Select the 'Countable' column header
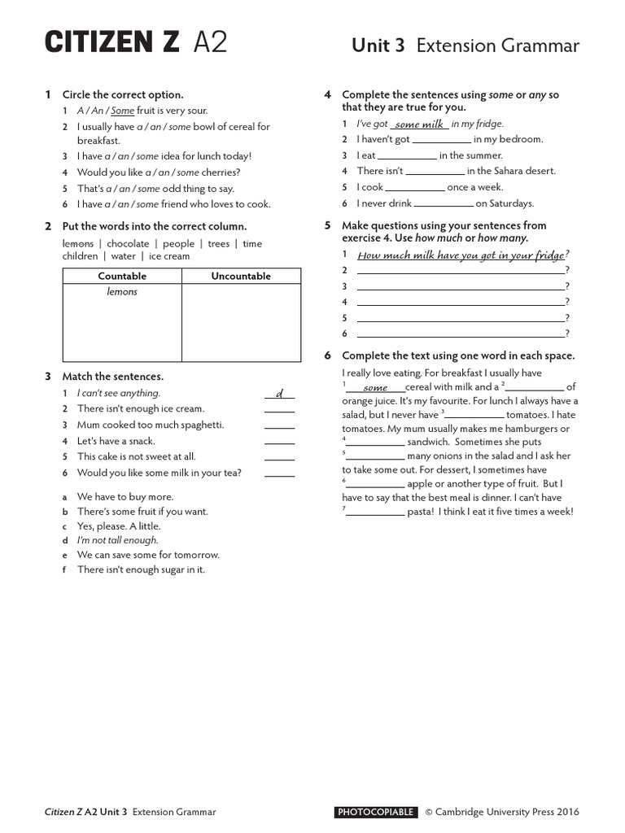[x=122, y=277]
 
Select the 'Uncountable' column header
[x=241, y=277]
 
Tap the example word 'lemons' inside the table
[x=122, y=292]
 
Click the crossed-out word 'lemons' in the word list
[x=78, y=243]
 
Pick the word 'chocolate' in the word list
[x=128, y=243]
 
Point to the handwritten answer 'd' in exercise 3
[x=279, y=394]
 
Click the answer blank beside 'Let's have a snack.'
[x=279, y=441]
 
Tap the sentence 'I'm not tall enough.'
[x=118, y=540]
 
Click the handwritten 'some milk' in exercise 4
[x=419, y=124]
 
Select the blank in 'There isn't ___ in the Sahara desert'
[x=435, y=172]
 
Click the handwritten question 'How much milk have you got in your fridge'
[x=461, y=255]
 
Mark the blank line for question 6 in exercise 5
[x=461, y=334]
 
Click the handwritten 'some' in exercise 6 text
[x=375, y=388]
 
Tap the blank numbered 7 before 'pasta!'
[x=375, y=512]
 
